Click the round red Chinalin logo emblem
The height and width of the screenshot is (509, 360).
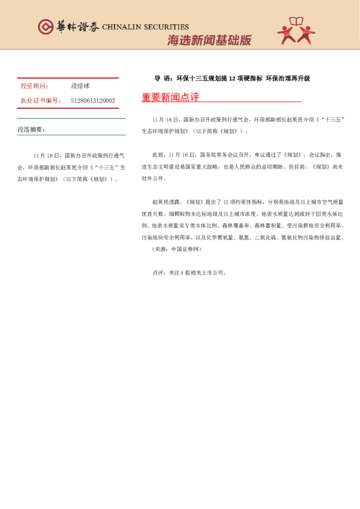45,27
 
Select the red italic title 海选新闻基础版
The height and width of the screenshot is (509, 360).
209,41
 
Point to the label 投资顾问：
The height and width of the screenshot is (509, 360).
34,86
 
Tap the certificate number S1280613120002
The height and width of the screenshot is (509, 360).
93,100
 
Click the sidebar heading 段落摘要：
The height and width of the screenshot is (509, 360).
31,129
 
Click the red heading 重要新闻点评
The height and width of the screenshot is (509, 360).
170,97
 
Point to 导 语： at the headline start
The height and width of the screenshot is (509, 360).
164,79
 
